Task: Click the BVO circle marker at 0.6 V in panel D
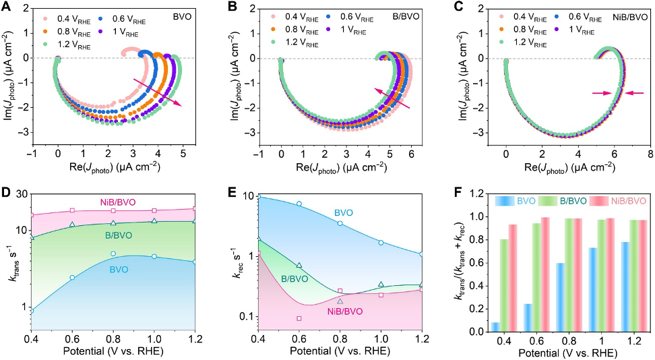point(72,278)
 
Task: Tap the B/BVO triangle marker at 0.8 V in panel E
point(340,301)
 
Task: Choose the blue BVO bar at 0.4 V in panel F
point(496,327)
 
